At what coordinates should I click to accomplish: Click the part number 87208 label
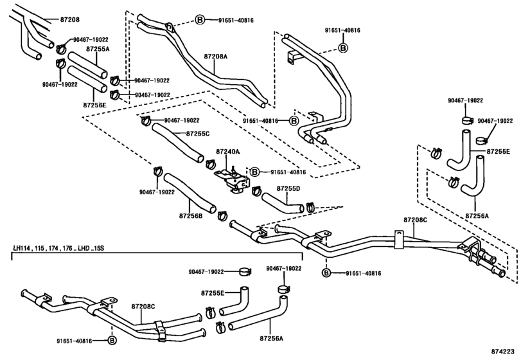[x=70, y=19]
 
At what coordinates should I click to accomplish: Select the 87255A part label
[x=98, y=49]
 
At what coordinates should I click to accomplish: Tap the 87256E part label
[x=94, y=105]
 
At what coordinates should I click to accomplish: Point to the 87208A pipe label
[x=216, y=57]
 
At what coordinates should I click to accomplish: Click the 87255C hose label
[x=198, y=134]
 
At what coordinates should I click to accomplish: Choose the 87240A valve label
[x=228, y=152]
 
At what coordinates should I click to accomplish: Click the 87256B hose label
[x=191, y=216]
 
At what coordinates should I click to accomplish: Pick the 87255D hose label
[x=288, y=188]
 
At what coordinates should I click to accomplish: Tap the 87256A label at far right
[x=477, y=216]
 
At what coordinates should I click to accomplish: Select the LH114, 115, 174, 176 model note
[x=58, y=248]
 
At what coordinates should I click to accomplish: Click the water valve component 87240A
[x=233, y=179]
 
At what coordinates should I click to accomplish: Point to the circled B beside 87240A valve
[x=254, y=172]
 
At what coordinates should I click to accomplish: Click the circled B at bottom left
[x=112, y=340]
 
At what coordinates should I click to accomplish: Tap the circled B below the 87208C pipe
[x=326, y=273]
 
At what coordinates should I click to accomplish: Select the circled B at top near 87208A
[x=200, y=20]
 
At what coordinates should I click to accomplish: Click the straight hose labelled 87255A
[x=87, y=65]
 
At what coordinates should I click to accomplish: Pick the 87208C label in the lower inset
[x=143, y=307]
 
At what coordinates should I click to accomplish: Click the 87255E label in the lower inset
[x=213, y=293]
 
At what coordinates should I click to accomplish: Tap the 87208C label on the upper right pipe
[x=416, y=220]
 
